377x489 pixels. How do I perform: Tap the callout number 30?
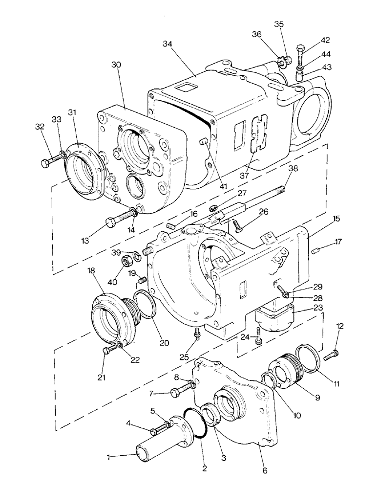(116, 65)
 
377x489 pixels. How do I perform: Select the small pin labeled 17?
(315, 251)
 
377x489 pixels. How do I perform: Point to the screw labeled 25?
(197, 333)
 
